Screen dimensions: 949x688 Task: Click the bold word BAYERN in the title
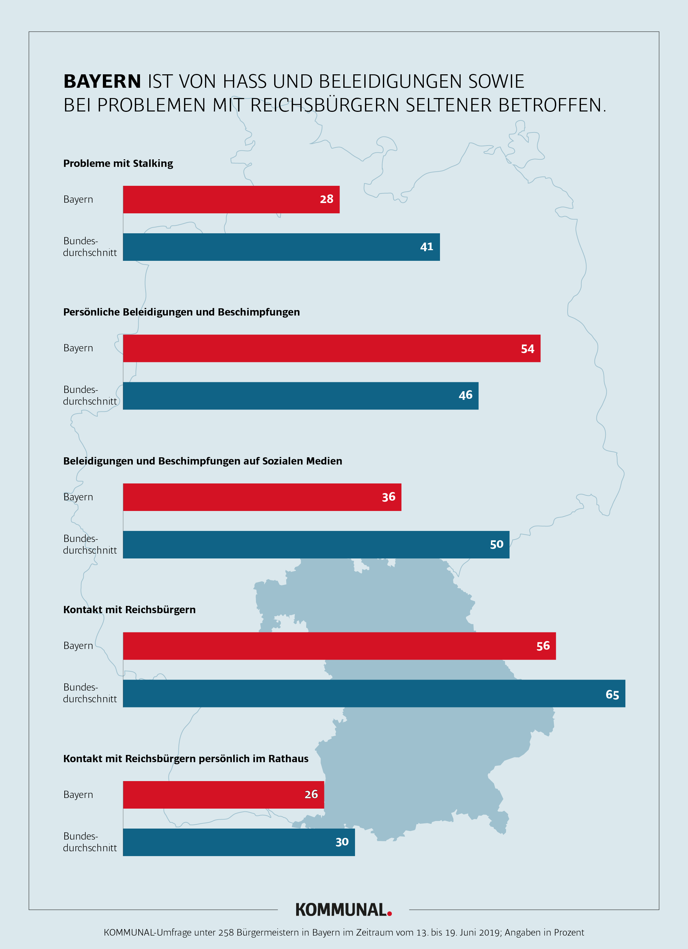[102, 81]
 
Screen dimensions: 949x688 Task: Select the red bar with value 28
[231, 200]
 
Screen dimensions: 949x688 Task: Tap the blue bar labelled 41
[281, 247]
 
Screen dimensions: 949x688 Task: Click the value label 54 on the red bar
[527, 349]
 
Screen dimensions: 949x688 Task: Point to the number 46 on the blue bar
[465, 395]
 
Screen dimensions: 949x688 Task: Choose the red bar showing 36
[262, 497]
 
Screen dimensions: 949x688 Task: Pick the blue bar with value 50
[316, 544]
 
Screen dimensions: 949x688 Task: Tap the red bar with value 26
[223, 795]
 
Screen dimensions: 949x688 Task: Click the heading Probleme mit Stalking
[118, 163]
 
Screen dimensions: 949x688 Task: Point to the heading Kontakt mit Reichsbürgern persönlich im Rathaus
[186, 759]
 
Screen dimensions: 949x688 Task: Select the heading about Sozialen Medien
[202, 461]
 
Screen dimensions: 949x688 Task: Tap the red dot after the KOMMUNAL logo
[390, 914]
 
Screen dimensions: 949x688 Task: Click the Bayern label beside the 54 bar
[78, 348]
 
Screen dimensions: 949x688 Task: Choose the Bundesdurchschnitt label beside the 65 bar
[89, 693]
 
